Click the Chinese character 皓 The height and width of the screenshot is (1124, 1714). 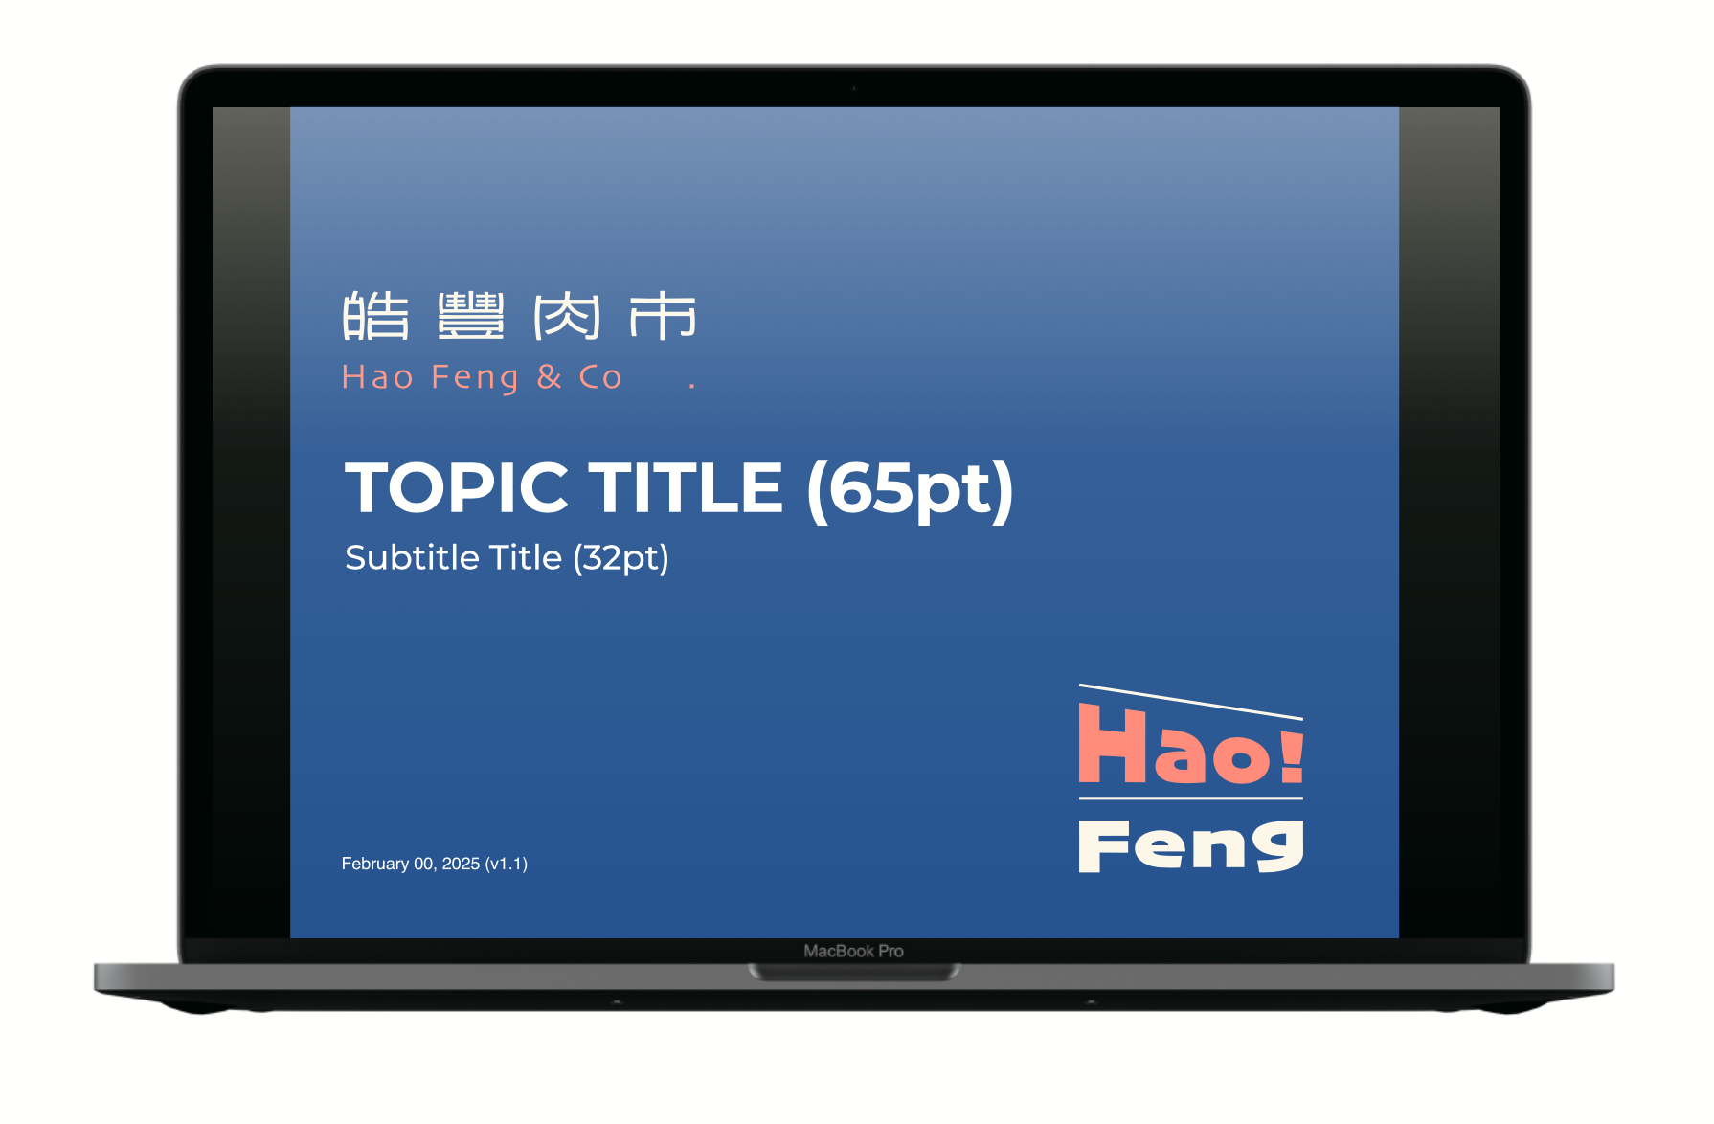pos(375,316)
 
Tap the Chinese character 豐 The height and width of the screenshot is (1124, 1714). pos(471,316)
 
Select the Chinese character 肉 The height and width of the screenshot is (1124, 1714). pos(567,316)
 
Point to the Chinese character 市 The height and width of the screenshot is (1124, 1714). pos(663,316)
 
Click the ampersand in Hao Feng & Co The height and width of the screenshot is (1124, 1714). pos(550,376)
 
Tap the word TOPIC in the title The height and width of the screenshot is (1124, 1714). pos(457,487)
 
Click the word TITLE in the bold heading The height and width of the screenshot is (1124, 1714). pos(686,487)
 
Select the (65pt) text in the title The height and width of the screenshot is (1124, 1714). pos(910,490)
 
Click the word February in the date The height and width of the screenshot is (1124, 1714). pos(375,864)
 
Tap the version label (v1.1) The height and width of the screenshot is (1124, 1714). pos(507,864)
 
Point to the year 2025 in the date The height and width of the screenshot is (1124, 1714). pos(461,864)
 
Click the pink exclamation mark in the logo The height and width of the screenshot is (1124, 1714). pos(1292,756)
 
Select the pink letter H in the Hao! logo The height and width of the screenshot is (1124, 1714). pos(1114,743)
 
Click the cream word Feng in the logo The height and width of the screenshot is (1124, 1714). pos(1191,845)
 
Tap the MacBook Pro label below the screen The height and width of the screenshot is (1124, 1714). pos(854,951)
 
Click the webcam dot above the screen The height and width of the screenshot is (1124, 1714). pos(854,88)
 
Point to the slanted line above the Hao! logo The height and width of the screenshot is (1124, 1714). pos(1191,702)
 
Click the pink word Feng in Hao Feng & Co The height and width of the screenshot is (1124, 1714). pos(475,378)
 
